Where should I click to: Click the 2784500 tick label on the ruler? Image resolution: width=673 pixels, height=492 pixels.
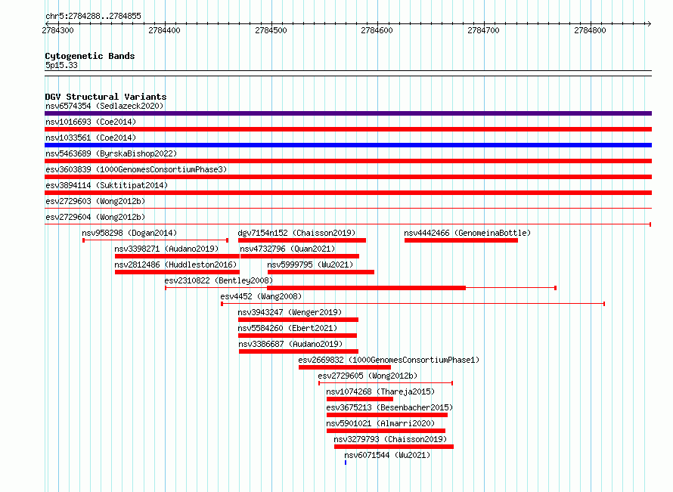click(271, 30)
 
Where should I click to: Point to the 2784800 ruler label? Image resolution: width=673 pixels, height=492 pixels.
click(590, 30)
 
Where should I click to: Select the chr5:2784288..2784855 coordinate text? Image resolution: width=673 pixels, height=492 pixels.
click(93, 17)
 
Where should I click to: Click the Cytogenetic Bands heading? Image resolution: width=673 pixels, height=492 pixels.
click(90, 56)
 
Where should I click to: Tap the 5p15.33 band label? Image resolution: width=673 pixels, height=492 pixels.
click(61, 65)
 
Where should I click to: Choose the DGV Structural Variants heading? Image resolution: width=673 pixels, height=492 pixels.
click(106, 97)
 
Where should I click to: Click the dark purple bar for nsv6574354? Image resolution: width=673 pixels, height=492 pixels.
click(348, 113)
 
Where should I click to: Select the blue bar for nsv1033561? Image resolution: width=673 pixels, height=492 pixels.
click(348, 145)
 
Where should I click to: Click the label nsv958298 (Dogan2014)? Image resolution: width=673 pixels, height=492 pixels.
click(129, 233)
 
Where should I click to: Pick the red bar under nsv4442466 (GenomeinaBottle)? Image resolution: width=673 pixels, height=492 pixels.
click(461, 240)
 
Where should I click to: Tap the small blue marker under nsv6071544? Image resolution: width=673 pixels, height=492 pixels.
click(346, 463)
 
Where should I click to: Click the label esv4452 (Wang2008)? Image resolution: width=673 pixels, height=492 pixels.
click(261, 296)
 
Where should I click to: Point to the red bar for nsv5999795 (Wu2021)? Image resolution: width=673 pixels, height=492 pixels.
click(321, 272)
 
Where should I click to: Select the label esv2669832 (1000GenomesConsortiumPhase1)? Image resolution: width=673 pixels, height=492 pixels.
click(389, 360)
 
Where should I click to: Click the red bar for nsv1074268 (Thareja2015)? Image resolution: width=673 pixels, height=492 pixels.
click(360, 399)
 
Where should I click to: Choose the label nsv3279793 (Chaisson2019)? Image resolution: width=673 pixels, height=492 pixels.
click(390, 439)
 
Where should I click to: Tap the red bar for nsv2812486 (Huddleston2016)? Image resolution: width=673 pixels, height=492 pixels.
click(177, 272)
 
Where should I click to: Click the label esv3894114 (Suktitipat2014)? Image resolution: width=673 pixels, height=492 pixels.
click(107, 185)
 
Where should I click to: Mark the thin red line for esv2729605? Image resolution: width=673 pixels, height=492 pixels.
click(386, 382)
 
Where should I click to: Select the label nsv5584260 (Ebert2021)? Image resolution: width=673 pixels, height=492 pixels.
click(287, 328)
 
